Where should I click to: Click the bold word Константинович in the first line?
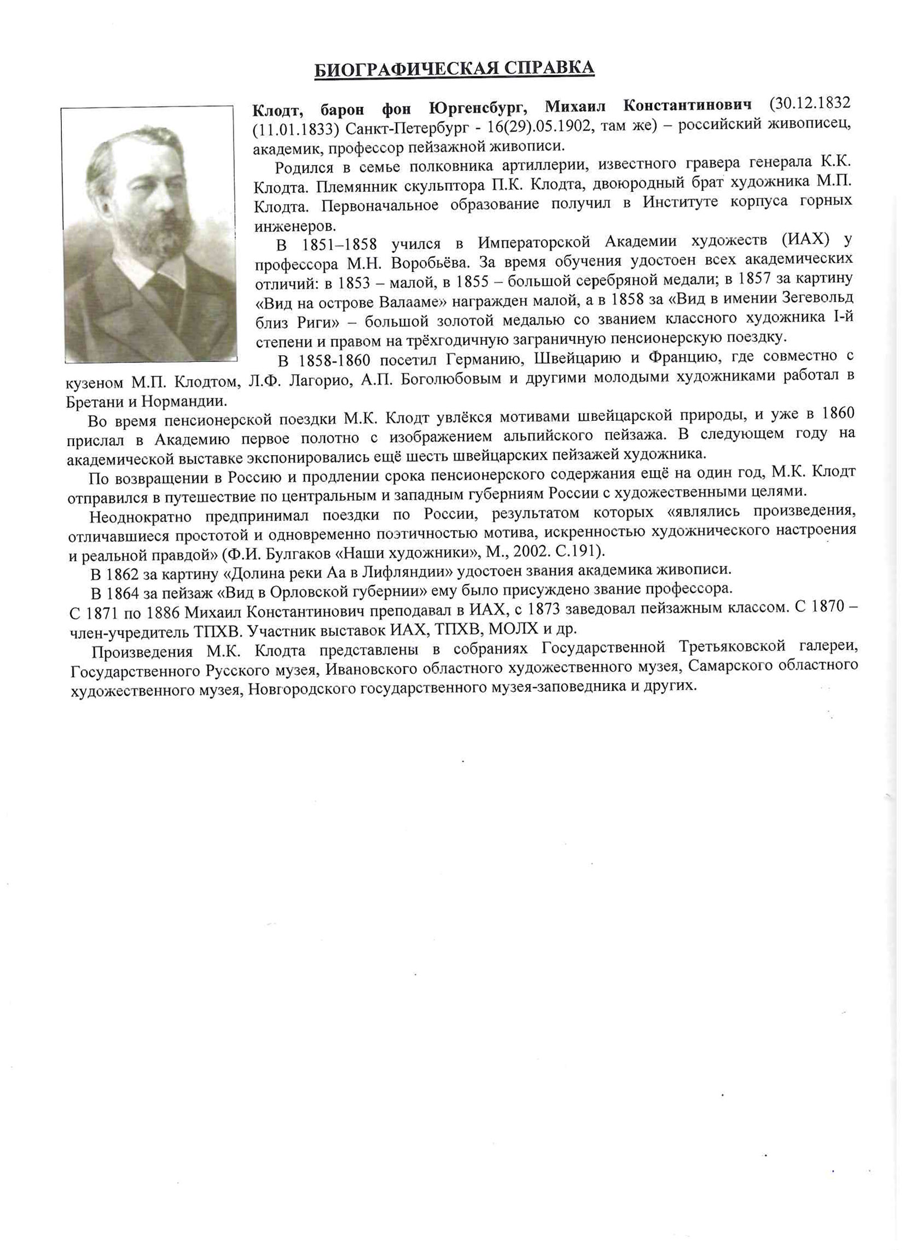688,105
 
